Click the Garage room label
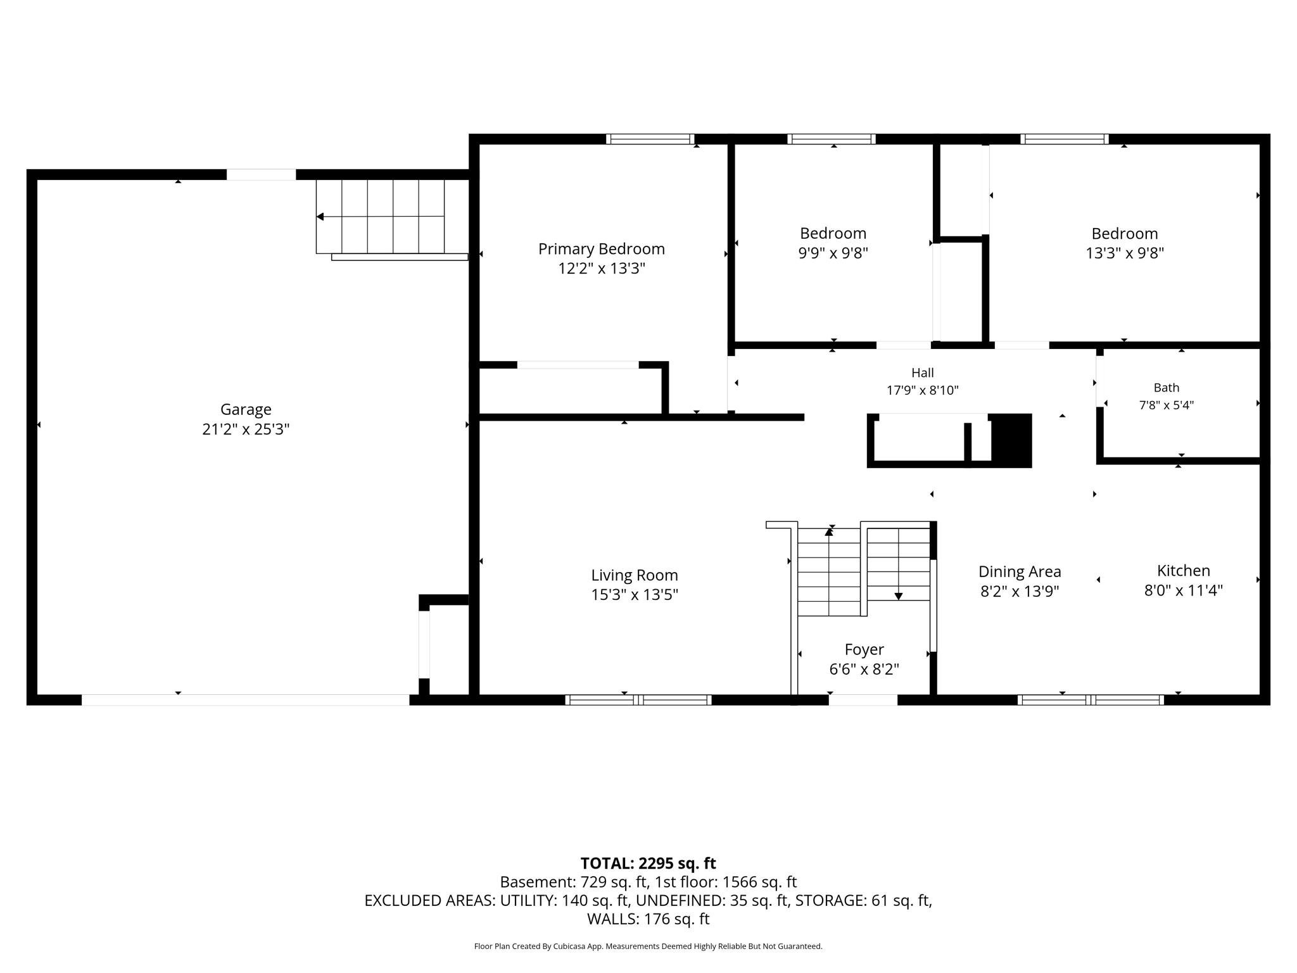(x=246, y=409)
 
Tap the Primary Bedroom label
(x=602, y=249)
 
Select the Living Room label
(x=635, y=575)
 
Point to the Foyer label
(x=864, y=649)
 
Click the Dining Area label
(x=1020, y=571)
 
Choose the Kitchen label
(x=1183, y=570)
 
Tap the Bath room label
(x=1166, y=388)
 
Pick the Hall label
(x=922, y=373)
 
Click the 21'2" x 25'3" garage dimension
(x=246, y=429)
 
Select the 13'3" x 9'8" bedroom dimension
(x=1125, y=253)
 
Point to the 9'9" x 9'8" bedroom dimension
(x=833, y=253)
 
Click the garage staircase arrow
(x=380, y=217)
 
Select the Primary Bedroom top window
(x=650, y=139)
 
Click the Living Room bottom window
(x=638, y=700)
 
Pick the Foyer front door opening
(x=863, y=700)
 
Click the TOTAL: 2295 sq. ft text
(x=648, y=863)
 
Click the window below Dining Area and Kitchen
(x=1091, y=700)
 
